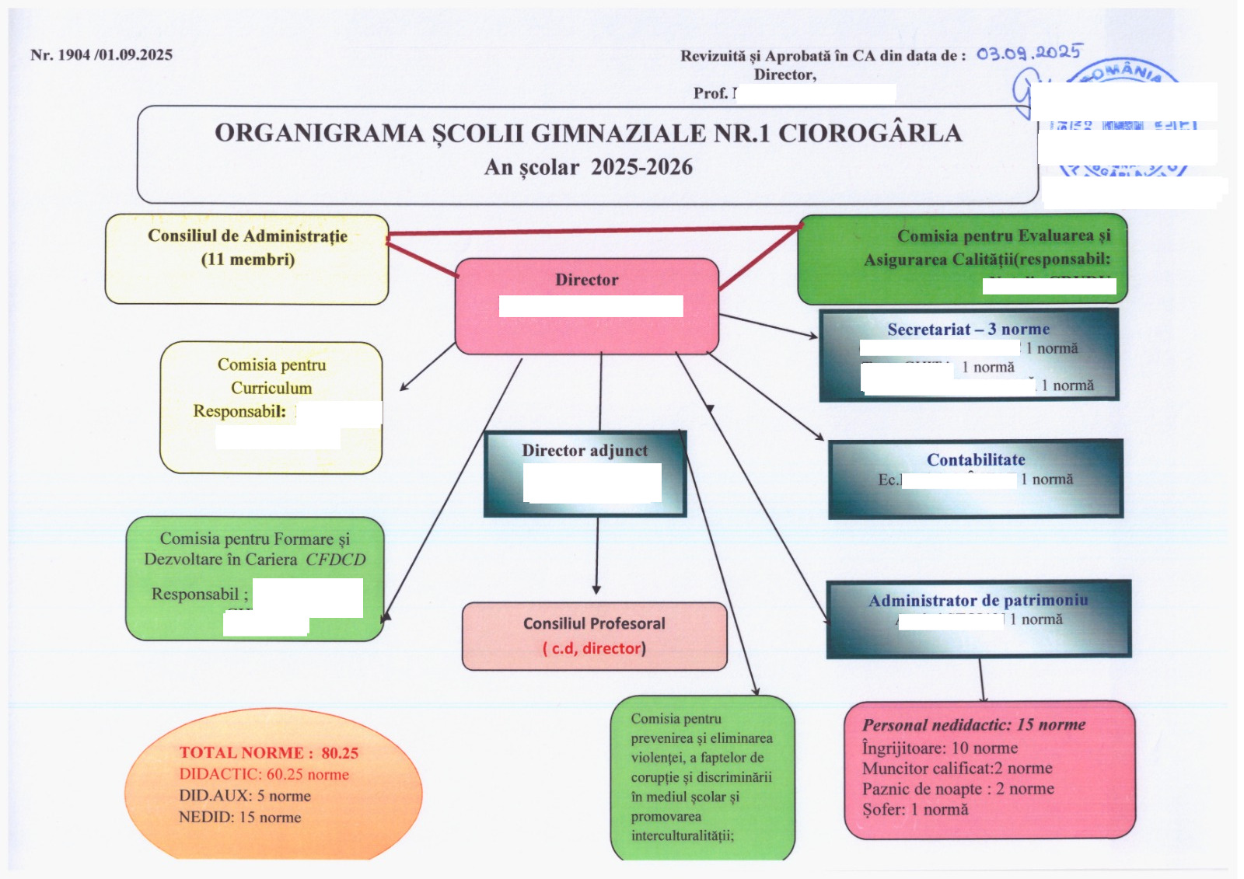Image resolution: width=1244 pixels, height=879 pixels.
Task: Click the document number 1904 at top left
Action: point(75,54)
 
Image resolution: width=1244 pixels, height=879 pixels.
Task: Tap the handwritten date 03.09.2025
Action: point(1028,53)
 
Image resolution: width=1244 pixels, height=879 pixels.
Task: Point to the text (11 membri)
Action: point(248,260)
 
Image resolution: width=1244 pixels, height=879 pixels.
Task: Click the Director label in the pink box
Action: point(586,280)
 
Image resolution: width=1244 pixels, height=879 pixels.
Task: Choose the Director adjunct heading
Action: point(585,451)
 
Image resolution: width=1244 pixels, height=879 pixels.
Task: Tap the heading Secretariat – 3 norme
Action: point(968,330)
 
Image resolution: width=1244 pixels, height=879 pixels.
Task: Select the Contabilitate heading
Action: point(976,460)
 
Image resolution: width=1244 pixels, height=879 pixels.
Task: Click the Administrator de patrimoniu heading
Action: point(978,601)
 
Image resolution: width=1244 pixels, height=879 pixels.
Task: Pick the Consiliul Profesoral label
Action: point(594,623)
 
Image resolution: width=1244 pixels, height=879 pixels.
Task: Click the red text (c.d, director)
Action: point(594,648)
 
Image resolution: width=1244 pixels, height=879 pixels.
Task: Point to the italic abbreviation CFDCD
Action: point(335,560)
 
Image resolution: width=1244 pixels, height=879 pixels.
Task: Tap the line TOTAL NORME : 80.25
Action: point(269,752)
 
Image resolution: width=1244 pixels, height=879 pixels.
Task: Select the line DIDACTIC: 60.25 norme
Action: point(264,774)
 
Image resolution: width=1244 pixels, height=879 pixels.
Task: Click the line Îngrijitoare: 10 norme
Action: point(939,748)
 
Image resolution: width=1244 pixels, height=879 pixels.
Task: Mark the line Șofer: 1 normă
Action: point(915,809)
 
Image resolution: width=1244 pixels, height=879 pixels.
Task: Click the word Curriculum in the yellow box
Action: point(271,388)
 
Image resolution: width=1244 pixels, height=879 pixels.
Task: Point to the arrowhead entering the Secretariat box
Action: point(814,336)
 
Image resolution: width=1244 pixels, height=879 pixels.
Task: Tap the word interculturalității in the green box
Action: point(682,835)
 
